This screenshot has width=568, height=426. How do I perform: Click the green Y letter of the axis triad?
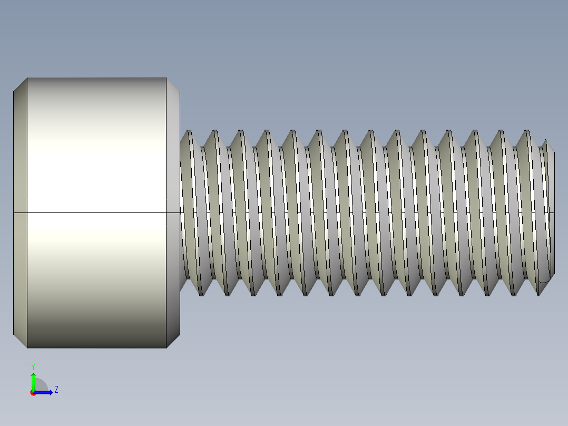33,366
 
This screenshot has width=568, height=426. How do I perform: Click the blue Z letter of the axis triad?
56,390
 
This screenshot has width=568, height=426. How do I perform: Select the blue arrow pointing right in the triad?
45,392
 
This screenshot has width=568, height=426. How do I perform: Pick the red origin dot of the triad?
33,393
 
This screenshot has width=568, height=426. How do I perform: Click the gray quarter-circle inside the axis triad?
41,386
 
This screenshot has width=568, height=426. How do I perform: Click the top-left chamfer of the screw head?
21,85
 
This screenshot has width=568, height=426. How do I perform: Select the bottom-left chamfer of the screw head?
21,341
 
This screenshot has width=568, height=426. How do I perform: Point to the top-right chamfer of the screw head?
173,85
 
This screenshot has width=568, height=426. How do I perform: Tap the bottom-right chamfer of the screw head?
173,341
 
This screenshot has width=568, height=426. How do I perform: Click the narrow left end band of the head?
20,158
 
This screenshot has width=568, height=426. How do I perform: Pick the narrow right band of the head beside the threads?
173,158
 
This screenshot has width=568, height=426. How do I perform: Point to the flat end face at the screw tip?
551,211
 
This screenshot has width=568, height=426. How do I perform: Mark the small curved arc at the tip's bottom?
544,279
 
